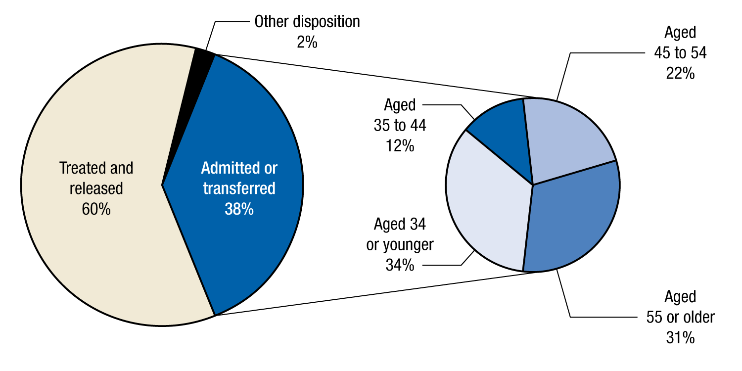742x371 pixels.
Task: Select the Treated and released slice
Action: click(94, 247)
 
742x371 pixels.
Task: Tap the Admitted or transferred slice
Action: click(247, 247)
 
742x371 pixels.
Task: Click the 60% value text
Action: click(96, 209)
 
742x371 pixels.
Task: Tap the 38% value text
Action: click(239, 209)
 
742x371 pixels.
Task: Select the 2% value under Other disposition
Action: click(307, 42)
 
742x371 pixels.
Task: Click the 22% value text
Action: click(680, 73)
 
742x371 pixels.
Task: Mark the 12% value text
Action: click(400, 146)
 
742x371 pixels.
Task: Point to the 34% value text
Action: click(400, 265)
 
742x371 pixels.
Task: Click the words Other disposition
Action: click(307, 22)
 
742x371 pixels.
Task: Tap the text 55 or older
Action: click(680, 317)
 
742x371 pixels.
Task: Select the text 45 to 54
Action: click(680, 53)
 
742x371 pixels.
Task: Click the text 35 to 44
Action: click(400, 126)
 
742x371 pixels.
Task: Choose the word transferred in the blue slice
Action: click(239, 189)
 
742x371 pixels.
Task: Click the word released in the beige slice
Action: click(96, 189)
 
